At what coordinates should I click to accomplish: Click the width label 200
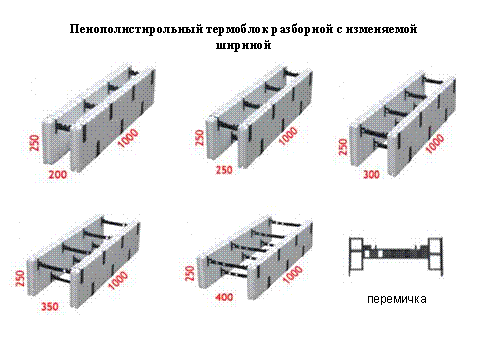pos(58,174)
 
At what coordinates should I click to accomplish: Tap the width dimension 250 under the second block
pos(224,170)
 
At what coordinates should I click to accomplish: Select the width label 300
pos(371,174)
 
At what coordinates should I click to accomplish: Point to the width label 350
pos(50,306)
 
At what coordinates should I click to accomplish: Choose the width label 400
pos(224,297)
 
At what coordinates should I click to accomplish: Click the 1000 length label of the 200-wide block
pos(128,138)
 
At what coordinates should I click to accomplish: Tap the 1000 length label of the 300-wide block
pos(435,144)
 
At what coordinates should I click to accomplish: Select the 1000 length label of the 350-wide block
pos(118,281)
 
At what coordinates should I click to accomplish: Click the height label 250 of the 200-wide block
pos(34,143)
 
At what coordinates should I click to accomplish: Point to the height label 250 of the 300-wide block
pos(342,147)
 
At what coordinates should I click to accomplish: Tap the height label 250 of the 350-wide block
pos(20,278)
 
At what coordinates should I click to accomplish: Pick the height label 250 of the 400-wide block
pos(189,273)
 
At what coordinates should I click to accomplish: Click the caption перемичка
pos(397,299)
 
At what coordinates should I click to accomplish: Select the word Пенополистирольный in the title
pos(136,29)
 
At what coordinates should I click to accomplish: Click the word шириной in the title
pos(243,45)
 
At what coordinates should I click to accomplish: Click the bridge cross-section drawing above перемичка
pos(396,254)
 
